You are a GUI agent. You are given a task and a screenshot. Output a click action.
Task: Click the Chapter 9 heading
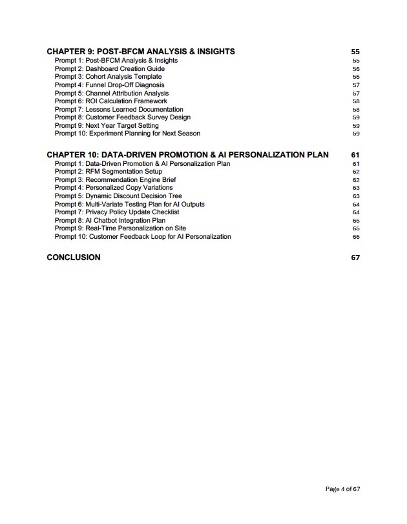141,52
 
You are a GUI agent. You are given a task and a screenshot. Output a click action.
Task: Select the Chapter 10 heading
187,155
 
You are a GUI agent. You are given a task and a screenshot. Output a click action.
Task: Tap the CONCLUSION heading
74,257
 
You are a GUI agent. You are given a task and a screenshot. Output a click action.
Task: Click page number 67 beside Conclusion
355,257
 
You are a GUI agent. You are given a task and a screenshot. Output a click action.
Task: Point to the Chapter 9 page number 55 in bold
355,52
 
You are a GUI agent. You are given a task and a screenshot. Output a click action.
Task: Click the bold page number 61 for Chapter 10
355,155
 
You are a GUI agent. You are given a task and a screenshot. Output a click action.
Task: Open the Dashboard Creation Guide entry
110,68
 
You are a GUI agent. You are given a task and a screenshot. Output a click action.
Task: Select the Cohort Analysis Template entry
108,77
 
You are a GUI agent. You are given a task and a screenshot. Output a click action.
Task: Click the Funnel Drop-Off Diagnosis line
109,85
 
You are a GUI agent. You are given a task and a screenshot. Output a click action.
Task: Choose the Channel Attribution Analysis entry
112,93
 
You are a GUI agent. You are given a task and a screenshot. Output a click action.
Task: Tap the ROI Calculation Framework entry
110,101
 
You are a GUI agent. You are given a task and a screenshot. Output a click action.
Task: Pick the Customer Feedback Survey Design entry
122,117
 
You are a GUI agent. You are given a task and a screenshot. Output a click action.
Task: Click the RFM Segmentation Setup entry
109,172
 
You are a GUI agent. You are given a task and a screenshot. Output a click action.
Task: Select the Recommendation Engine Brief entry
115,180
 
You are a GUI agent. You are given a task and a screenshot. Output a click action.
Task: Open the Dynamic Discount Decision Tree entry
118,196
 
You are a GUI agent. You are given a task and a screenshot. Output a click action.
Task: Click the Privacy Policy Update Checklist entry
117,212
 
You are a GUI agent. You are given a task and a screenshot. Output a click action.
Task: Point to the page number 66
356,237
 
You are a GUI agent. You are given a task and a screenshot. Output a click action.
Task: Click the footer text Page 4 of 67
342,489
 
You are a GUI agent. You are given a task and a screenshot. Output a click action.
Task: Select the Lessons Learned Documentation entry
119,109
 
